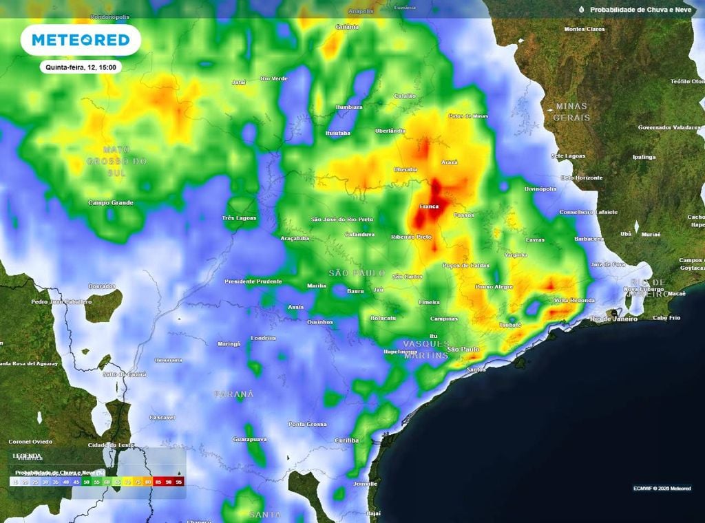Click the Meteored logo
pyautogui.click(x=81, y=40)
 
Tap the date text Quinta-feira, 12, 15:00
pyautogui.click(x=81, y=67)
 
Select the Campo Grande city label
pyautogui.click(x=111, y=203)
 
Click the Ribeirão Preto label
pyautogui.click(x=410, y=237)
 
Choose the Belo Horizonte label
pyautogui.click(x=581, y=178)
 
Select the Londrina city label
pyautogui.click(x=263, y=338)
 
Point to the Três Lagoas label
pyautogui.click(x=238, y=218)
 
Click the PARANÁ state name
pyautogui.click(x=233, y=394)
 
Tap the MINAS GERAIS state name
pyautogui.click(x=571, y=111)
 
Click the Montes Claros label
pyautogui.click(x=585, y=30)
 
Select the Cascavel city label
pyautogui.click(x=162, y=418)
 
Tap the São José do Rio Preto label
pyautogui.click(x=342, y=220)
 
